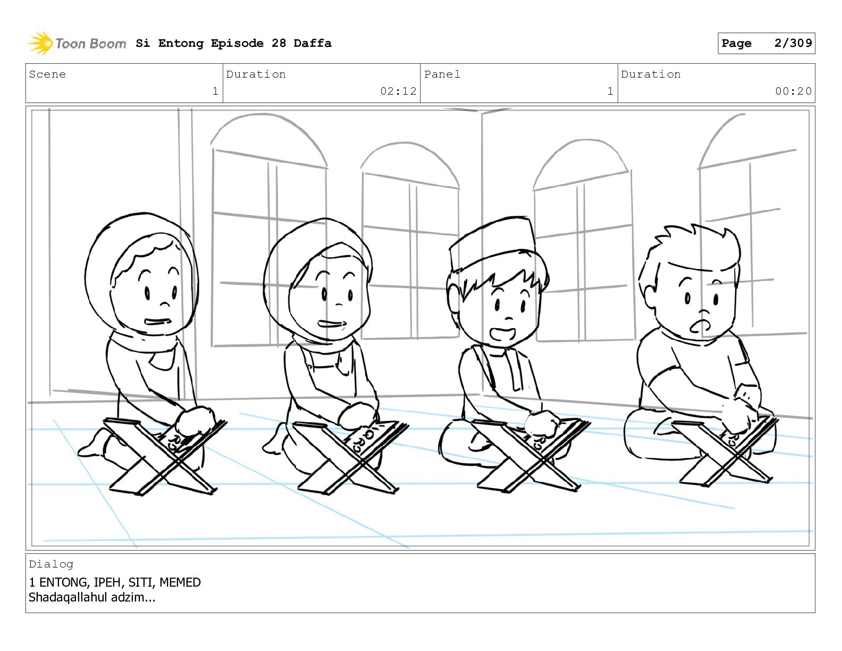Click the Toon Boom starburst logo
[40, 44]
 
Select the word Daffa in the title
[313, 43]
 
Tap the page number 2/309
[793, 43]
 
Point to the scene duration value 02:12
[398, 91]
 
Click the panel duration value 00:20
[793, 91]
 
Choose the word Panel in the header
[442, 74]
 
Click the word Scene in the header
[47, 74]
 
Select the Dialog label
[51, 564]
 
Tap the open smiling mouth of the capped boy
[502, 333]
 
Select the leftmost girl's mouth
[158, 321]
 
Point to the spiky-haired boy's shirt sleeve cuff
[664, 374]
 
